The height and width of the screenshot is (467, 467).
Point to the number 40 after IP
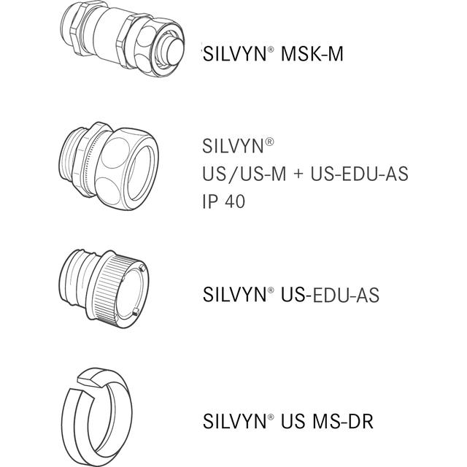pyautogui.click(x=233, y=201)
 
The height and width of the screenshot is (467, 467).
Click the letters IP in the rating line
pyautogui.click(x=209, y=201)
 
